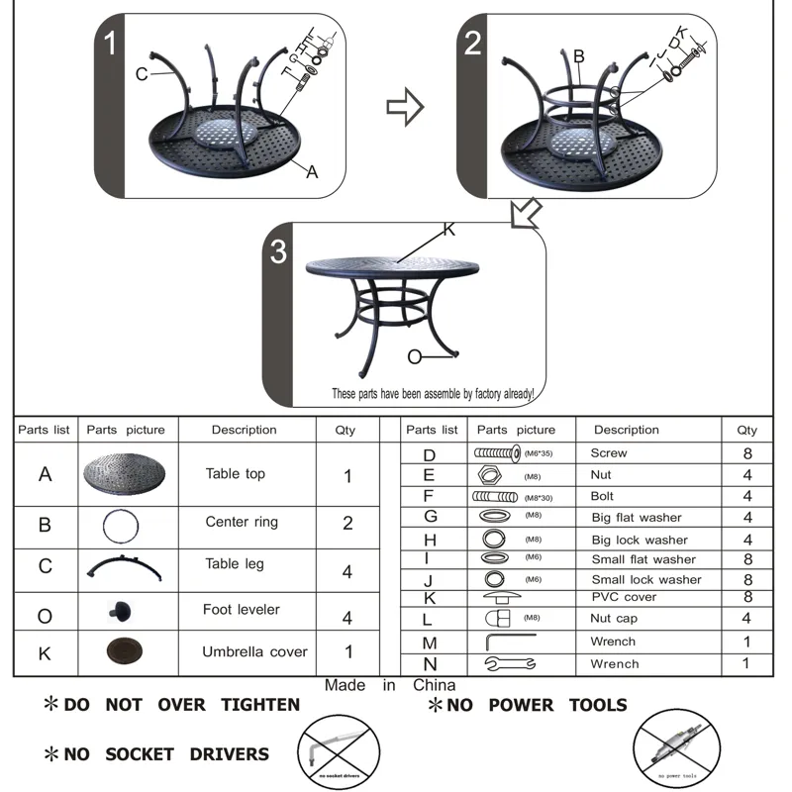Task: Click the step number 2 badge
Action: tap(473, 43)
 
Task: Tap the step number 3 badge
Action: tap(278, 251)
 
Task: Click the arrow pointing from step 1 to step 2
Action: tap(404, 107)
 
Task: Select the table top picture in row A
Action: tap(124, 474)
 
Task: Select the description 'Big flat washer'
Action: tap(637, 518)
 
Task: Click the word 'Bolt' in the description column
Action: tap(602, 496)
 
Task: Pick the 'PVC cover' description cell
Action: tap(624, 597)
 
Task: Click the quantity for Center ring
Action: tap(347, 523)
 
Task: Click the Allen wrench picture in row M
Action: tap(510, 643)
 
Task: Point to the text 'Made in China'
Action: tap(390, 685)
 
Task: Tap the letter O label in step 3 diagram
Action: tap(414, 356)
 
